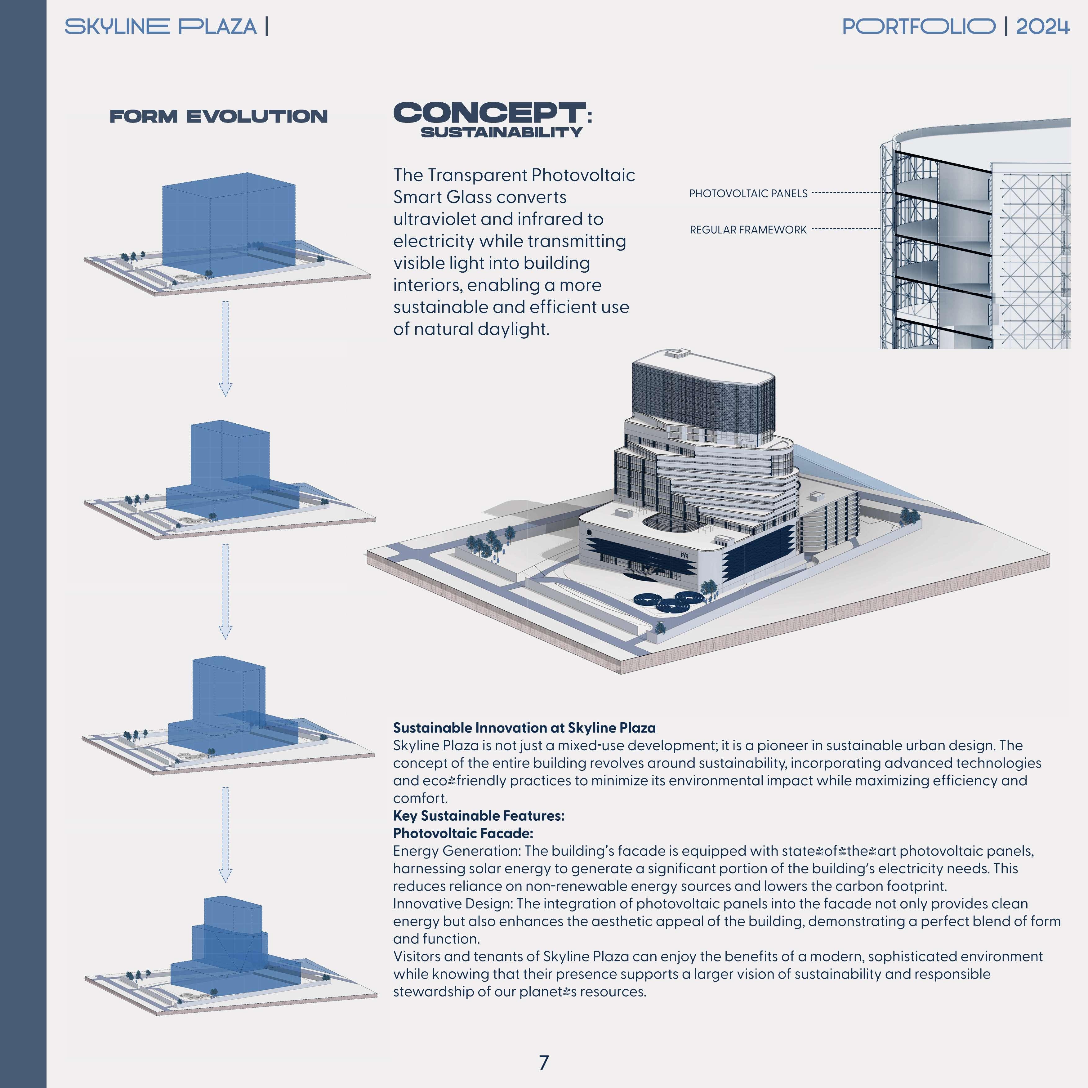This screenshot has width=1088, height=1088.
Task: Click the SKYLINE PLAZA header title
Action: click(x=160, y=26)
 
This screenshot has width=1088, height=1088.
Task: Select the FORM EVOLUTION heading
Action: click(x=219, y=117)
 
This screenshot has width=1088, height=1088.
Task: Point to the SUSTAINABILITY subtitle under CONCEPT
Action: click(x=501, y=132)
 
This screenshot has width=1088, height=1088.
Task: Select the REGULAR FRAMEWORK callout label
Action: click(x=748, y=230)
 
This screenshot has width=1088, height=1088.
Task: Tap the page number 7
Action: click(x=543, y=1063)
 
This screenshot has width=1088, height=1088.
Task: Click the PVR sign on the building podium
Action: click(x=684, y=555)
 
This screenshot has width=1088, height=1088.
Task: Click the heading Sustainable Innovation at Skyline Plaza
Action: click(x=524, y=728)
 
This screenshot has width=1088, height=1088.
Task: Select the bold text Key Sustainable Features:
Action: click(x=479, y=815)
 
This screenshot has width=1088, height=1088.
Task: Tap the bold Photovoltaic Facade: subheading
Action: click(x=463, y=833)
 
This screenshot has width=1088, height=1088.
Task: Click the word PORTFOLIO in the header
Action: click(x=918, y=26)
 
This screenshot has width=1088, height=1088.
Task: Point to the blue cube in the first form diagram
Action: click(x=228, y=220)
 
